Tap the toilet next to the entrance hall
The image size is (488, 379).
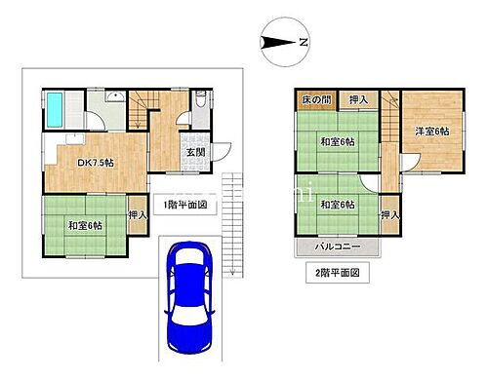click(200, 98)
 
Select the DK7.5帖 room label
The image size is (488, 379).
click(96, 162)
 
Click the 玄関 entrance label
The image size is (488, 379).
click(195, 152)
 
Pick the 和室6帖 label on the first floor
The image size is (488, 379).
click(85, 226)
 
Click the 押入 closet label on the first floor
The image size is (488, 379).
click(137, 214)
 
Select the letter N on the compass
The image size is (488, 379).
click(304, 43)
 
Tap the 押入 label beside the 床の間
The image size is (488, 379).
click(358, 99)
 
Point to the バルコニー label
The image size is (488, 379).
click(337, 247)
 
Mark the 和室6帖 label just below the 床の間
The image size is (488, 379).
click(337, 143)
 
